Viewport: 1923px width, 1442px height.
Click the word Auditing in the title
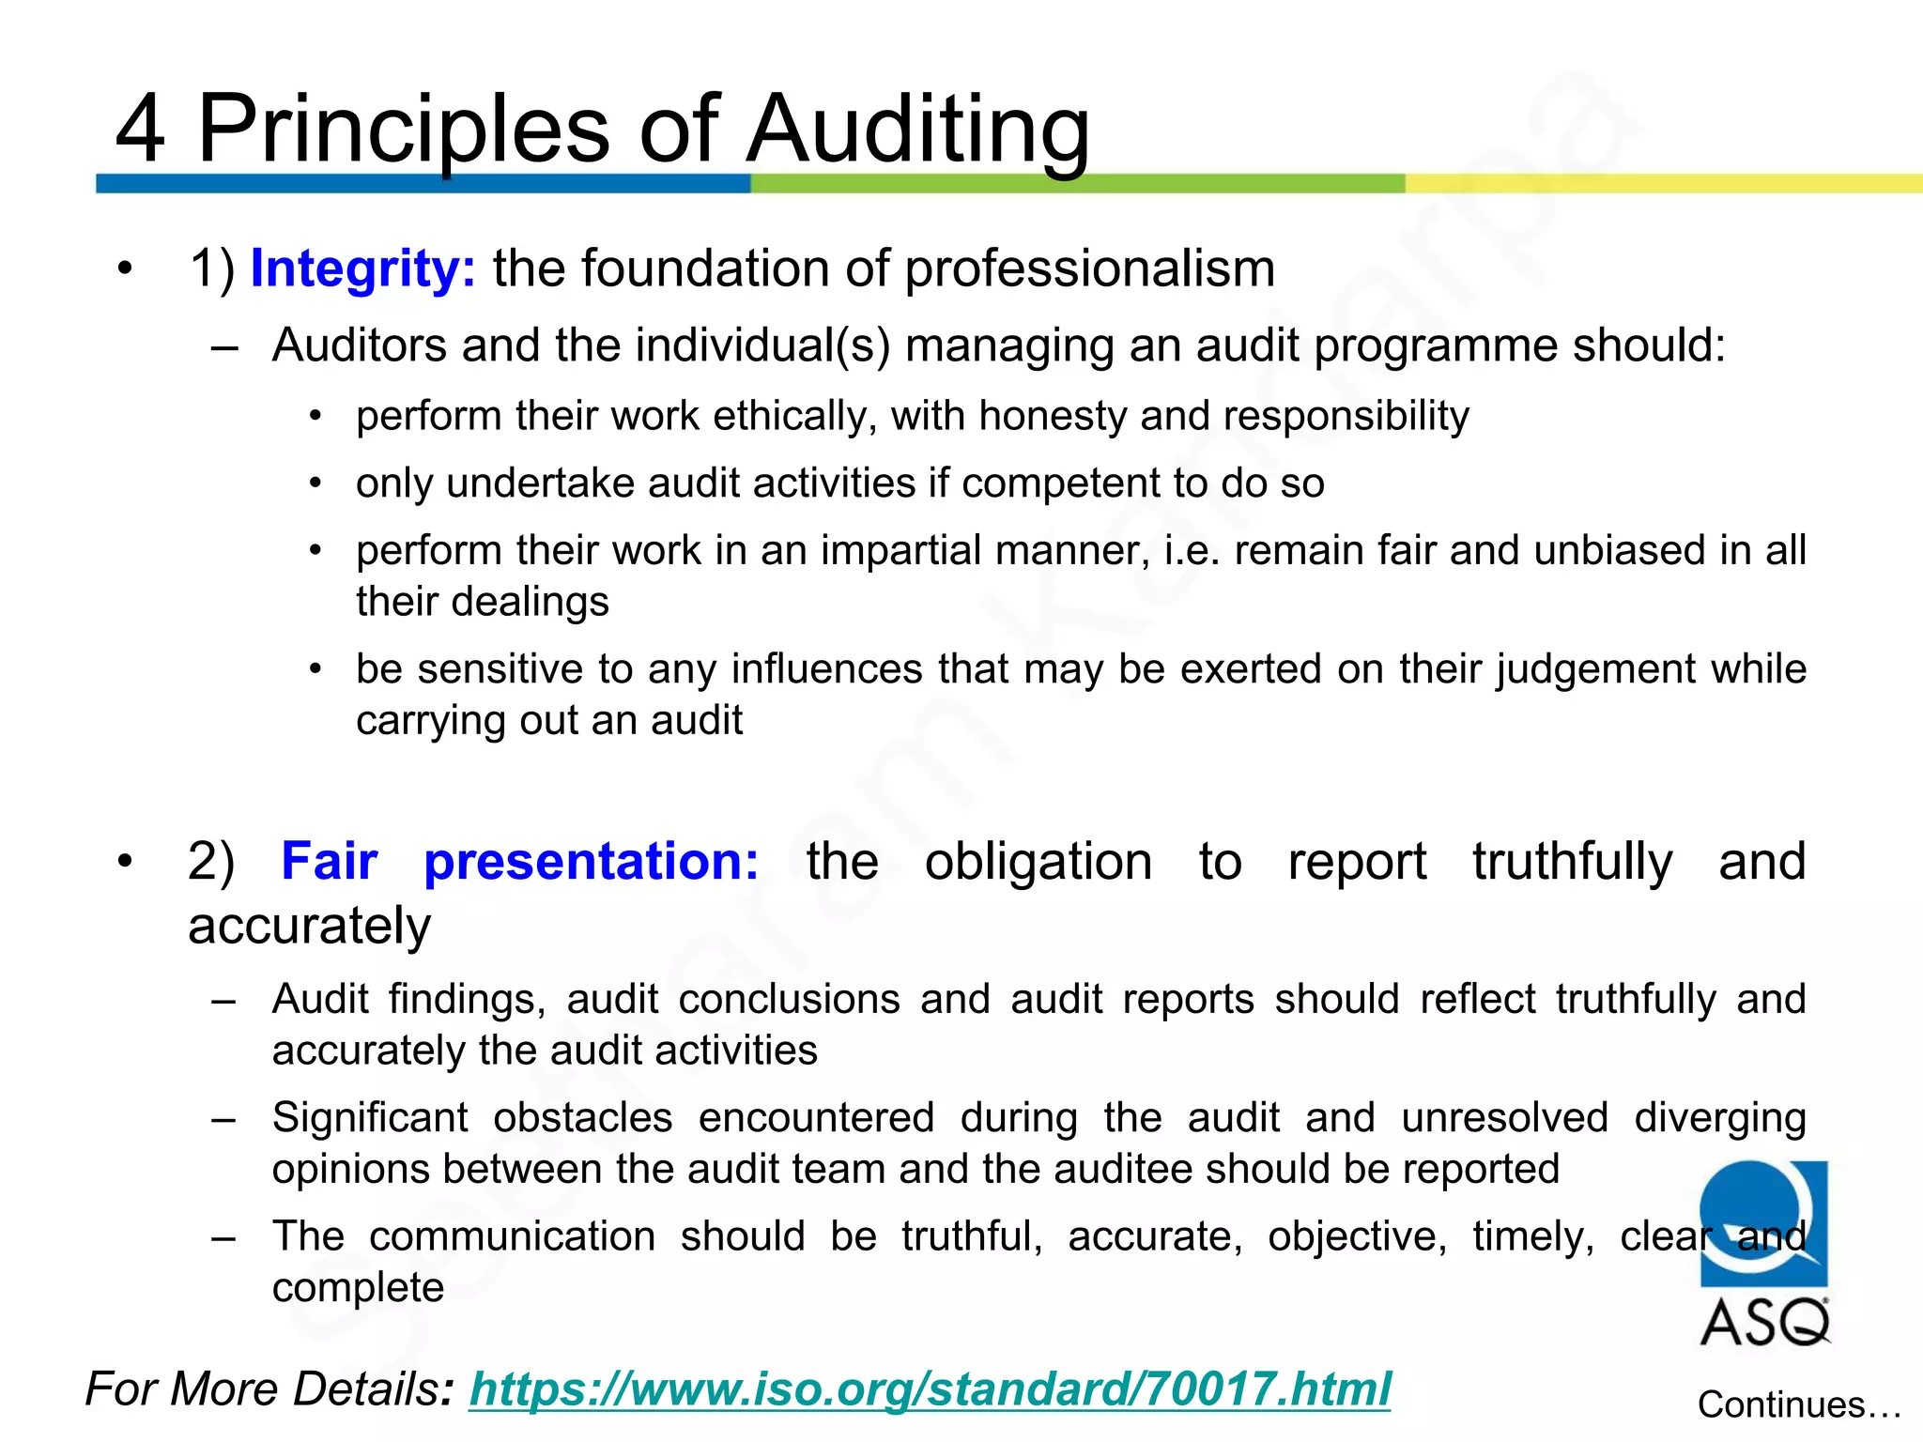[917, 130]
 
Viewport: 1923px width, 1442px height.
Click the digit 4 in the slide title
[140, 130]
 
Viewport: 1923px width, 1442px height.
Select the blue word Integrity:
[363, 269]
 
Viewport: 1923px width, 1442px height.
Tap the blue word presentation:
[592, 861]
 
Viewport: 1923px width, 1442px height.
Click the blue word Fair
[330, 861]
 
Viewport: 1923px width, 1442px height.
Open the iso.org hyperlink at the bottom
[930, 1388]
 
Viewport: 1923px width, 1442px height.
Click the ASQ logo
[1764, 1253]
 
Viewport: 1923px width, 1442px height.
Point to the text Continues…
[1798, 1405]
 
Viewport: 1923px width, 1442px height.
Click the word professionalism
[1089, 269]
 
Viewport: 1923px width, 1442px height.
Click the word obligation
[1038, 861]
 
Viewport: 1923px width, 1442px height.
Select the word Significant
[370, 1118]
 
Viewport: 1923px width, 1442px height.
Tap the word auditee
[1125, 1170]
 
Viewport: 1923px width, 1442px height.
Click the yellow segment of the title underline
[1662, 184]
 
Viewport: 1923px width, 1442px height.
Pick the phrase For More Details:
[269, 1388]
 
